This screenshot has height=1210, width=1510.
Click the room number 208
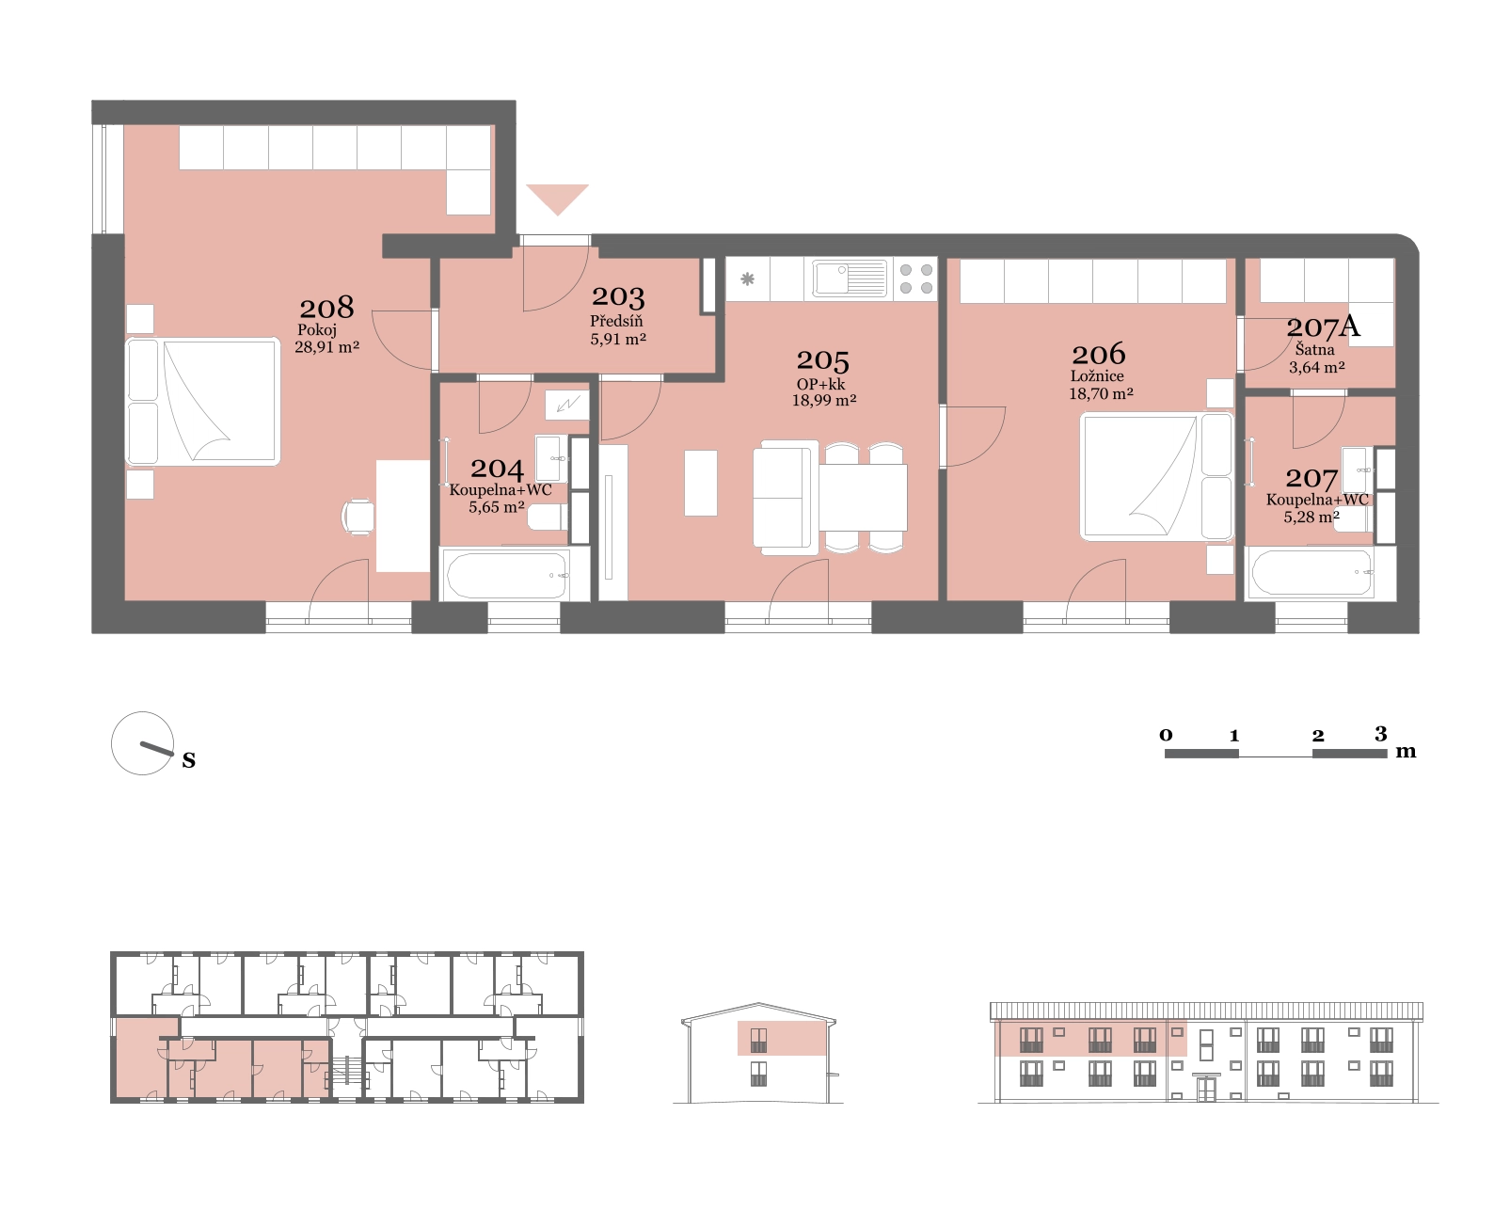pyautogui.click(x=326, y=308)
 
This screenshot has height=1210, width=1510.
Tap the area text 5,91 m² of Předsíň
pyautogui.click(x=617, y=339)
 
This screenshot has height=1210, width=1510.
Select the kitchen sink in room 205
pyautogui.click(x=850, y=278)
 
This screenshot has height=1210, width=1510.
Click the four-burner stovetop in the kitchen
pyautogui.click(x=915, y=279)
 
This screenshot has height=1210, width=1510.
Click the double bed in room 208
pyautogui.click(x=203, y=402)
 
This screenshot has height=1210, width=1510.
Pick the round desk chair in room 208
pyautogui.click(x=358, y=517)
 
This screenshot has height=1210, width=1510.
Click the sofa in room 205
pyautogui.click(x=785, y=498)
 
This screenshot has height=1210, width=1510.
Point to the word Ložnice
pyautogui.click(x=1097, y=375)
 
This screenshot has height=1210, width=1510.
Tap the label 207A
pyautogui.click(x=1323, y=326)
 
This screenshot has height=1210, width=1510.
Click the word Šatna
pyautogui.click(x=1314, y=349)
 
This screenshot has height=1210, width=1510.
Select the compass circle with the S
pyautogui.click(x=142, y=743)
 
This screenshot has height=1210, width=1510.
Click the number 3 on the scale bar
pyautogui.click(x=1380, y=734)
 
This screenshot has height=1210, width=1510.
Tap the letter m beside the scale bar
pyautogui.click(x=1406, y=752)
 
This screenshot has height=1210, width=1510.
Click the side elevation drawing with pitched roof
pyautogui.click(x=758, y=1053)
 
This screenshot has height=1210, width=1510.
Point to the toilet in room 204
pyautogui.click(x=548, y=518)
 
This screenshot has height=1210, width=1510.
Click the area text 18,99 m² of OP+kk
pyautogui.click(x=824, y=400)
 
